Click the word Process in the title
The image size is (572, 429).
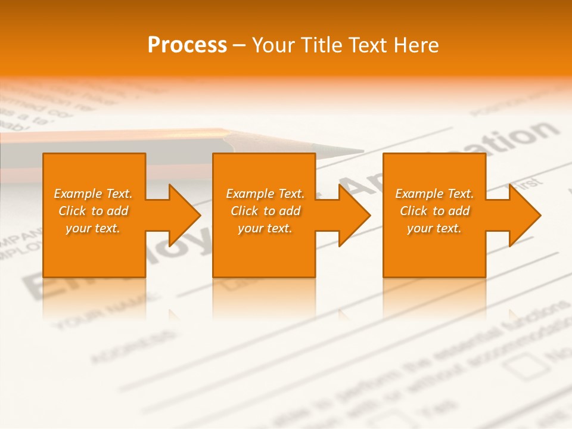(187, 45)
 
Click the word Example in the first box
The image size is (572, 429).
(77, 194)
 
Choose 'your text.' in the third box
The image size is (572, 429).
(434, 228)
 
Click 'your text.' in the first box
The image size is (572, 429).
(93, 228)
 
